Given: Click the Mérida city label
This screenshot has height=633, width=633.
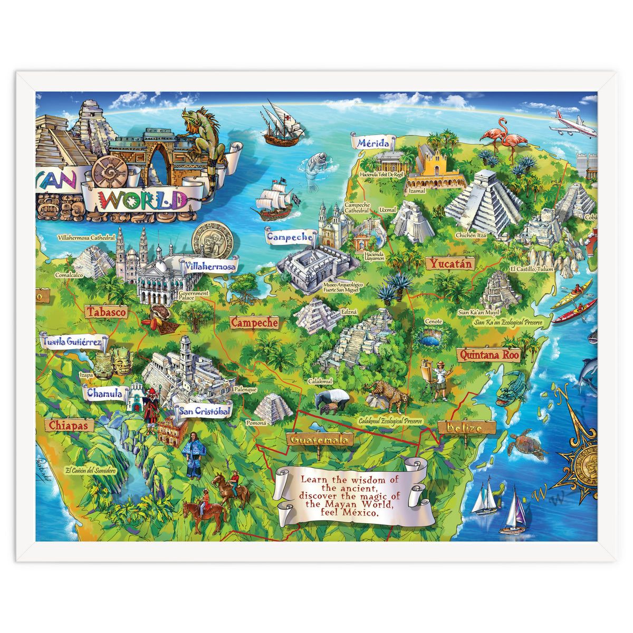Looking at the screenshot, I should (373, 143).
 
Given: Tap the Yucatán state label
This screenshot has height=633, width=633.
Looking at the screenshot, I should (450, 264).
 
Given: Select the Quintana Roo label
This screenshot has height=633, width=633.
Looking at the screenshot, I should (488, 355).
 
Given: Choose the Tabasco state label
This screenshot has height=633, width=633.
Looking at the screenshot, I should (107, 312).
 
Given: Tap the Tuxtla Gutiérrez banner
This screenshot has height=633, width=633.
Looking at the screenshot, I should (73, 342).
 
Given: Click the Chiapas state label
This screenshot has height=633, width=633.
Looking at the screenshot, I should (68, 425).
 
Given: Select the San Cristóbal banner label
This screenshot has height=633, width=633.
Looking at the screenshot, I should (204, 411).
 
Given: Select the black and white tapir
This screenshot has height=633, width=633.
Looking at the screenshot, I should (332, 400).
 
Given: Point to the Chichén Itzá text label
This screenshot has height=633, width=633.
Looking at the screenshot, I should (471, 236).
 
